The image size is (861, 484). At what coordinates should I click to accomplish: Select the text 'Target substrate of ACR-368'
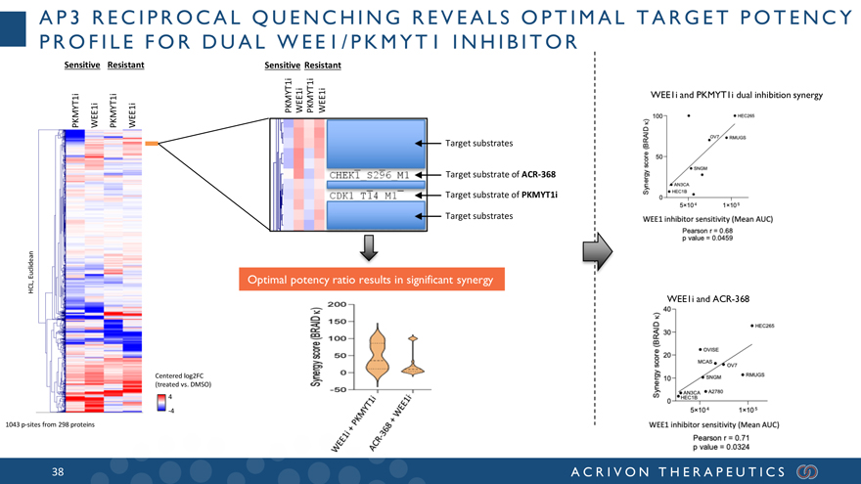[500, 174]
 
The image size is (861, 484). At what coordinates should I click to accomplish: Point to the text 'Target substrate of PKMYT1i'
[501, 195]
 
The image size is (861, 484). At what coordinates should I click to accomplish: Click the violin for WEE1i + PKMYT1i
[374, 354]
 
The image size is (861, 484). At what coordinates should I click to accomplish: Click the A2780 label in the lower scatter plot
[714, 391]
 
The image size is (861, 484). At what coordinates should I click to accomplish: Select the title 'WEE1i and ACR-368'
[707, 298]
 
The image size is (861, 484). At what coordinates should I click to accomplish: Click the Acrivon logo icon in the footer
[809, 472]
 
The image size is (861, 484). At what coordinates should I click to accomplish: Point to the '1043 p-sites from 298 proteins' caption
[48, 423]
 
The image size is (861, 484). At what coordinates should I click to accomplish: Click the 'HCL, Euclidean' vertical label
[31, 269]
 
